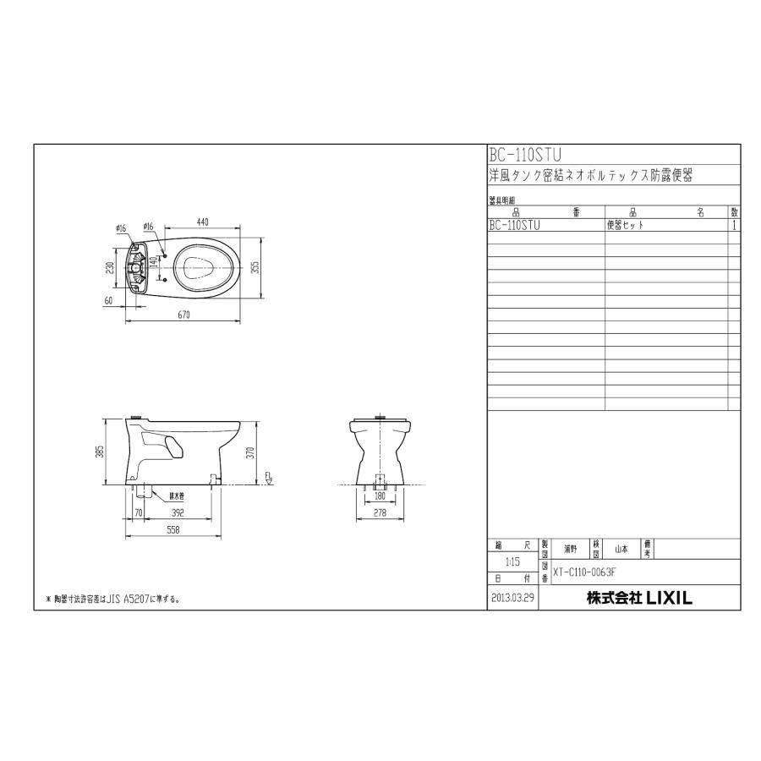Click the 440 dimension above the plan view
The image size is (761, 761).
point(202,222)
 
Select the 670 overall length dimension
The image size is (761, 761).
point(182,315)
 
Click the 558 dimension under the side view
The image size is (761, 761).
point(172,529)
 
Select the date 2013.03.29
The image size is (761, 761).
point(512,598)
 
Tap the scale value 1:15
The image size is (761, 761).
point(512,561)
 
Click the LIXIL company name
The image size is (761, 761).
point(639,598)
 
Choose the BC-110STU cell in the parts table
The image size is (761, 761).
point(514,226)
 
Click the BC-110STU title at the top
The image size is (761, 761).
point(525,155)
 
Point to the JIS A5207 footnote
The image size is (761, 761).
point(115,599)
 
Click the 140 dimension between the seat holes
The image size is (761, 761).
point(153,264)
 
